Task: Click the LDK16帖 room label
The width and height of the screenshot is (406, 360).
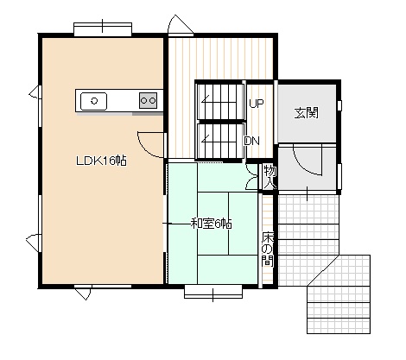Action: click(101, 161)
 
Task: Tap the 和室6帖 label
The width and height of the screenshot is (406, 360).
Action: click(212, 224)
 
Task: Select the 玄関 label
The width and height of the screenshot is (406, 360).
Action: click(307, 112)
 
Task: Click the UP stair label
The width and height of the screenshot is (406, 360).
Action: click(257, 104)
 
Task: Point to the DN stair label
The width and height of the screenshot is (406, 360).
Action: click(252, 141)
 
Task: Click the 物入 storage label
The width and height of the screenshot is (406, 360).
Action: click(270, 177)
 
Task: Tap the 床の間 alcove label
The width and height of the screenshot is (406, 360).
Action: click(268, 249)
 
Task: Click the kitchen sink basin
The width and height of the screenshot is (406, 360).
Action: click(93, 101)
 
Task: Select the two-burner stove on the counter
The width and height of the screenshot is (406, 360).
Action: click(149, 100)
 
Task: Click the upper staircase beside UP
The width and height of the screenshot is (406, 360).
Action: click(220, 101)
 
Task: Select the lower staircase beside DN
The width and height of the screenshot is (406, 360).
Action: click(220, 141)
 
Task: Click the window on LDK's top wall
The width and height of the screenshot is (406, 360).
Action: click(103, 29)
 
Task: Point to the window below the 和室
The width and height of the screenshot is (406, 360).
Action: click(213, 292)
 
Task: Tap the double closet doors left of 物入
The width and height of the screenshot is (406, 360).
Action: click(252, 177)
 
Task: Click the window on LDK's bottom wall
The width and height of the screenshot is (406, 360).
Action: click(103, 287)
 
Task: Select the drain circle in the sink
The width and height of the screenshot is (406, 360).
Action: click(93, 101)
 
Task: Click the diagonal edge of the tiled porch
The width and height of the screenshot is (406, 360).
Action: click(322, 270)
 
